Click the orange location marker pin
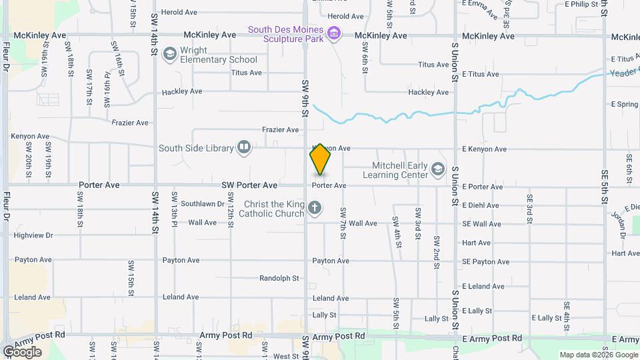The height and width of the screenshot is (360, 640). (x=320, y=159)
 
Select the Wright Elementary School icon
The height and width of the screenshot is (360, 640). (x=169, y=53)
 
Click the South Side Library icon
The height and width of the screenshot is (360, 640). (x=244, y=148)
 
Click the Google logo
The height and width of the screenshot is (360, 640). (x=22, y=351)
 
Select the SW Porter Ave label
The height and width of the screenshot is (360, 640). (x=250, y=185)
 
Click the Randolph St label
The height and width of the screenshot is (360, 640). (x=279, y=278)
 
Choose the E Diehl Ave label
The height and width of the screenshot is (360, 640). (x=481, y=205)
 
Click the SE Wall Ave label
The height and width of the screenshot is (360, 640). (x=481, y=224)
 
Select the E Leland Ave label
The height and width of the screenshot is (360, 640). (x=483, y=286)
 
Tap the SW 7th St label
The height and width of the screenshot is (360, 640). (x=343, y=223)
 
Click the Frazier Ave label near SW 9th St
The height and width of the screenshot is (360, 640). (x=280, y=129)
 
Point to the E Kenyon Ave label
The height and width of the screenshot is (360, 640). (x=483, y=149)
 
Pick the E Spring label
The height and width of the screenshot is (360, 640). (x=625, y=105)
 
